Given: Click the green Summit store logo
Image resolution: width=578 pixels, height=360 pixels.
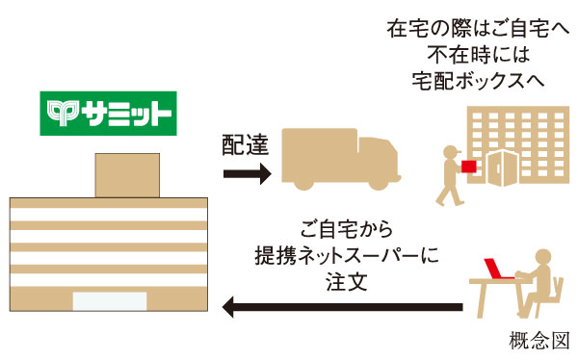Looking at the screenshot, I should [x=108, y=114].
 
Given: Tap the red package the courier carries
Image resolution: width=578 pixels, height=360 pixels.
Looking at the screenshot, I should [x=468, y=167].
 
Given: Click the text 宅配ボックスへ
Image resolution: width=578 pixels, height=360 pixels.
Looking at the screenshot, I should [x=465, y=78].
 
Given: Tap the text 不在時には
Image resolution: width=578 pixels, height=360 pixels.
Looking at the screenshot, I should [x=465, y=53].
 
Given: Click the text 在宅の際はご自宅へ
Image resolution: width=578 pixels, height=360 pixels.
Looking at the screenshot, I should [x=465, y=28].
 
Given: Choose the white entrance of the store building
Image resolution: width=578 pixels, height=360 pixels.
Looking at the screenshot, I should [x=109, y=300].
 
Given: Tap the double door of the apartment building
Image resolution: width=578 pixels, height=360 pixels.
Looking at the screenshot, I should [x=503, y=167].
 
